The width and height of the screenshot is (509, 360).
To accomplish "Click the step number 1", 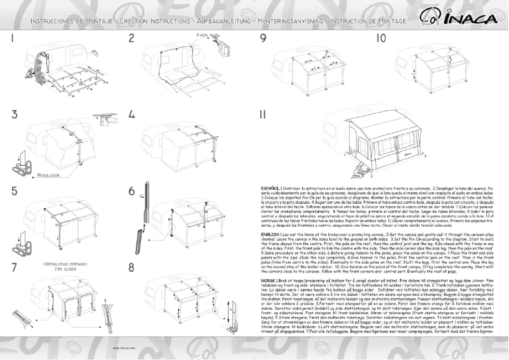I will coord(13,38).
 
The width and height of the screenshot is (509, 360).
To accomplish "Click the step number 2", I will coord(131,38).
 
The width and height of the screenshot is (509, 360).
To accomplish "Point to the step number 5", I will coord(13,191).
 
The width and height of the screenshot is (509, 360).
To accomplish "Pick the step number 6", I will coord(132,191).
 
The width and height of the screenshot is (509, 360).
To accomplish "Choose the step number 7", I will coord(13,267).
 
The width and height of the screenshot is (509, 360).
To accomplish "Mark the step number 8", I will coord(132,267).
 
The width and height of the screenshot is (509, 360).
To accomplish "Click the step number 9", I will coord(263,38).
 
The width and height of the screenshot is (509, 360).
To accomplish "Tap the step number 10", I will coord(381,38).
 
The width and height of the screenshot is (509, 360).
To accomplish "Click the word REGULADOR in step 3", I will coord(48,174).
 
